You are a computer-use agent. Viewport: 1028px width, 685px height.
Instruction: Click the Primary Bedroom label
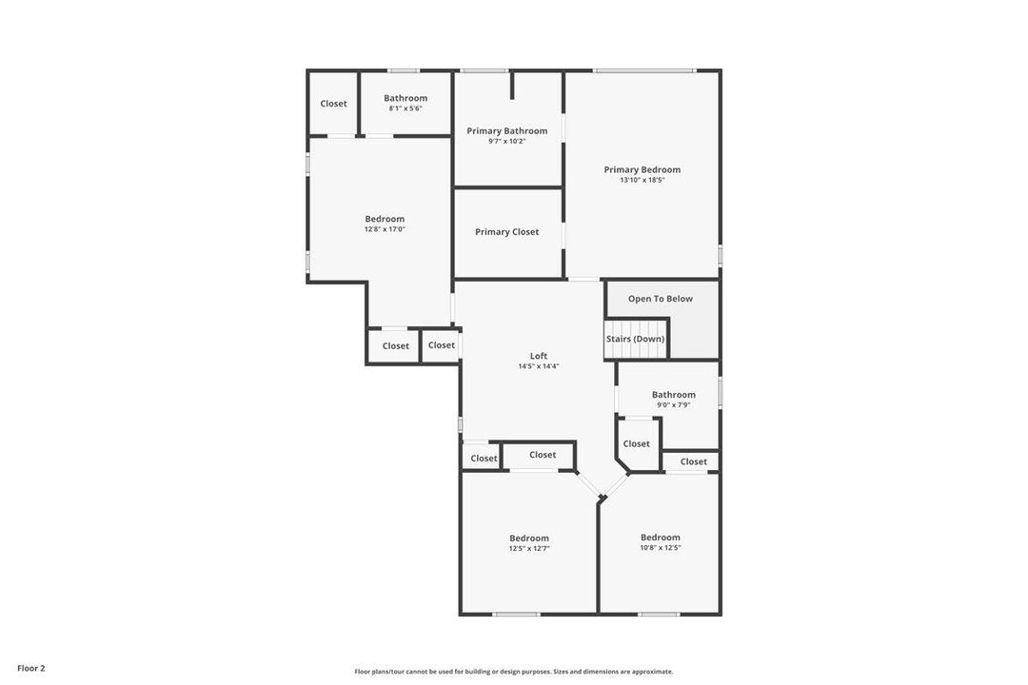(642, 169)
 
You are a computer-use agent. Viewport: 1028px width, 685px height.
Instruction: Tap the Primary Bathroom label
(506, 130)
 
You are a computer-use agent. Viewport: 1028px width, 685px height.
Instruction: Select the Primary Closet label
(506, 231)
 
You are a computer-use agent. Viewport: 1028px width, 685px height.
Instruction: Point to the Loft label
(539, 356)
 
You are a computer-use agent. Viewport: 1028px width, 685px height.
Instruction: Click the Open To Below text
(660, 298)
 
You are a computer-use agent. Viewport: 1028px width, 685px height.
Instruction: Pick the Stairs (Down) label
(635, 339)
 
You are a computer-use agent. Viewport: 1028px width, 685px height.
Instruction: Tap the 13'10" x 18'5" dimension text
(642, 180)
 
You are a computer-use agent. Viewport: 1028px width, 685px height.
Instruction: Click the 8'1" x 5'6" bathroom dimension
(405, 108)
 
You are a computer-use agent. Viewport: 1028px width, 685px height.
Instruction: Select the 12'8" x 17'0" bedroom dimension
(385, 229)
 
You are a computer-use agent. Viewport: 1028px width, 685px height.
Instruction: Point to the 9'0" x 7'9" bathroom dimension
(673, 405)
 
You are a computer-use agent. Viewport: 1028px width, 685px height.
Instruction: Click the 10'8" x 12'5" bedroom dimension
(660, 548)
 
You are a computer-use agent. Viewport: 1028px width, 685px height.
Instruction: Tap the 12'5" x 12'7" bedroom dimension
(528, 548)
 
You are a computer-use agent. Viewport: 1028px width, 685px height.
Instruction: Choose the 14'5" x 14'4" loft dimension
(539, 366)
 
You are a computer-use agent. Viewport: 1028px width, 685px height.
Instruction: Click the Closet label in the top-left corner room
(333, 103)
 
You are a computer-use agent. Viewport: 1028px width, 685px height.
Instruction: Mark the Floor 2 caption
(30, 668)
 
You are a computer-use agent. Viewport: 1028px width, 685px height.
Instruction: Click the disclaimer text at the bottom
(513, 672)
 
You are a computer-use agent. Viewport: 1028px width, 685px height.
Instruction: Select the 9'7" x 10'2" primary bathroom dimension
(506, 141)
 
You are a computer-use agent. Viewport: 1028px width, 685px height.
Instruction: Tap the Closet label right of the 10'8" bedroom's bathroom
(693, 461)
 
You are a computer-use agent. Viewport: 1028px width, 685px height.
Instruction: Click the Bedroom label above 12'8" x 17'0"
(385, 219)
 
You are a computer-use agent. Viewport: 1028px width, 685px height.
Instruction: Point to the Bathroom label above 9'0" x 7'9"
(673, 395)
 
